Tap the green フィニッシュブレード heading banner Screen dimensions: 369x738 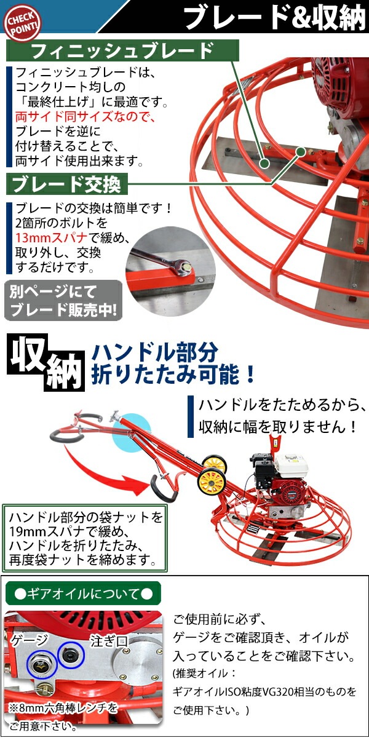[x=122, y=50]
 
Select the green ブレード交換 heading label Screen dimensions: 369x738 [x=67, y=184]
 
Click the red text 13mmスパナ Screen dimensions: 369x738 [x=51, y=237]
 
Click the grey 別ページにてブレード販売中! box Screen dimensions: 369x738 [x=63, y=301]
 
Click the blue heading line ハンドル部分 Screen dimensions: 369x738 [x=154, y=352]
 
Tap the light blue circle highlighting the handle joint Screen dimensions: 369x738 [x=127, y=432]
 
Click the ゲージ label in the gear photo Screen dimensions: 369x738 [x=30, y=640]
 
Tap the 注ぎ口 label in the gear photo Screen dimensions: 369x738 [x=109, y=641]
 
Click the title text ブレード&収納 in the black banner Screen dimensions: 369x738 [x=276, y=17]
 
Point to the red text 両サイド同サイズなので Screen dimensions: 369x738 [x=85, y=117]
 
